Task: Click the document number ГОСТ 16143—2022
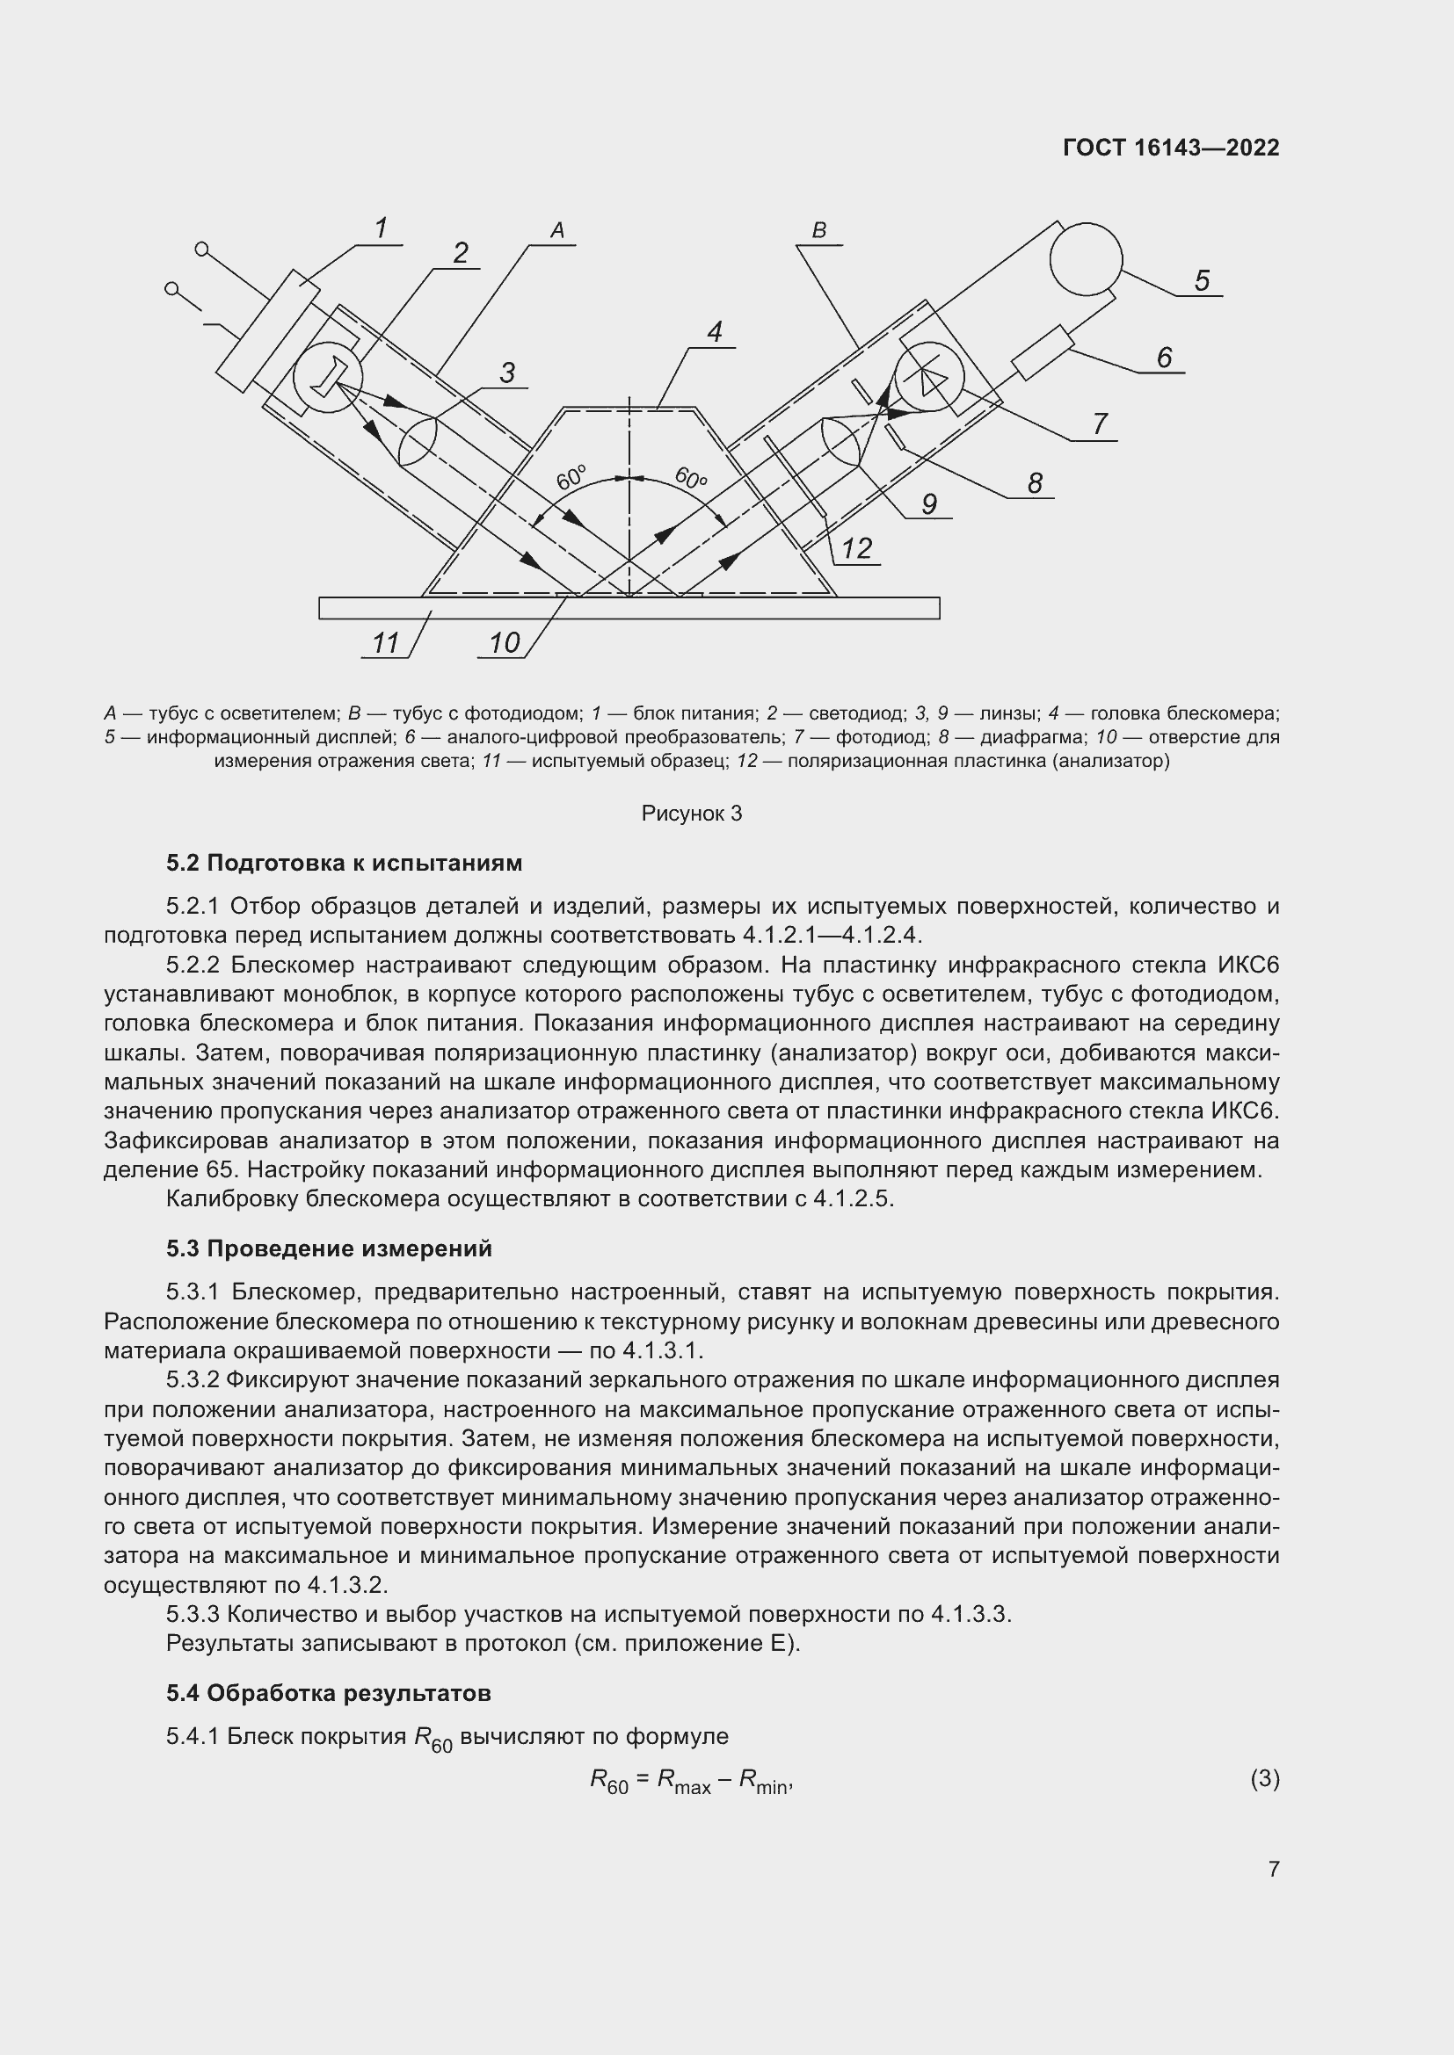pyautogui.click(x=1170, y=148)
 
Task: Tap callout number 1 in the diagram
pyautogui.click(x=381, y=228)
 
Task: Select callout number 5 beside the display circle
pyautogui.click(x=1202, y=281)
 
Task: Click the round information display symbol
pyautogui.click(x=1085, y=258)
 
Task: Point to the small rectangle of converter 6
pyautogui.click(x=1043, y=352)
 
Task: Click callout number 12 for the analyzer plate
pyautogui.click(x=856, y=547)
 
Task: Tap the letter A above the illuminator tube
pyautogui.click(x=556, y=230)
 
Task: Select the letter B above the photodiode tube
pyautogui.click(x=818, y=230)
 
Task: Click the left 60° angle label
pyautogui.click(x=571, y=478)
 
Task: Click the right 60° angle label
pyautogui.click(x=690, y=478)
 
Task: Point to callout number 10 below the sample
pyautogui.click(x=504, y=642)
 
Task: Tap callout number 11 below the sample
pyautogui.click(x=385, y=642)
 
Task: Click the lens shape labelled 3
pyautogui.click(x=418, y=440)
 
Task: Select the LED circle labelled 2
pyautogui.click(x=328, y=380)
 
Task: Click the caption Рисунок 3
pyautogui.click(x=691, y=814)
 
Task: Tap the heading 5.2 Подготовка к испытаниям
pyautogui.click(x=344, y=863)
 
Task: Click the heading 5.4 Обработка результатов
pyautogui.click(x=328, y=1692)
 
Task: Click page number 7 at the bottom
pyautogui.click(x=1273, y=1869)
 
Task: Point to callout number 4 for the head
pyautogui.click(x=715, y=332)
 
